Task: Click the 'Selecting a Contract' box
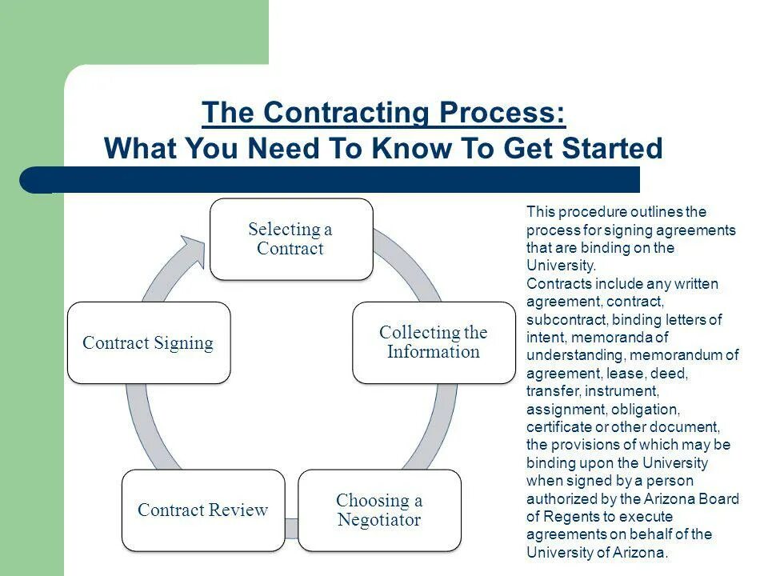coord(291,239)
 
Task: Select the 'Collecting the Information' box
coord(434,342)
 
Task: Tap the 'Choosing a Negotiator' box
coord(379,510)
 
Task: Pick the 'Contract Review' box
coord(203,510)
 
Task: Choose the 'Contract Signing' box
coord(149,342)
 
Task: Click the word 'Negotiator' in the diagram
coord(379,520)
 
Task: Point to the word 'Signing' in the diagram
coord(183,343)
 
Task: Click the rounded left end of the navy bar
coord(32,180)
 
